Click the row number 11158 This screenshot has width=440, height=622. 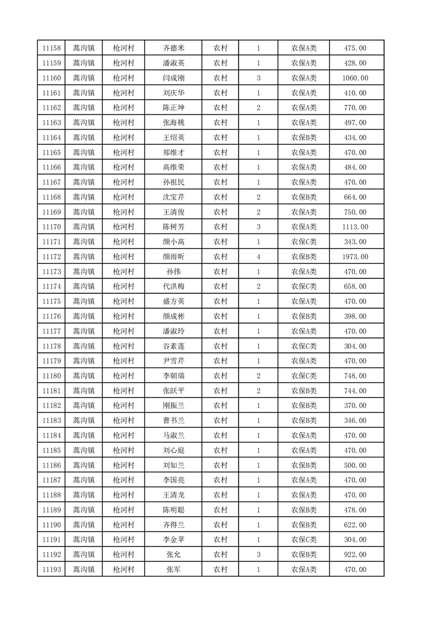click(x=51, y=48)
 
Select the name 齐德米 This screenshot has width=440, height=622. click(x=173, y=48)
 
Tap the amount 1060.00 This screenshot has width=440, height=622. click(x=355, y=78)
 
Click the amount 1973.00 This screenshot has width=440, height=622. click(x=355, y=257)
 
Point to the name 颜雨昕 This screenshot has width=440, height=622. click(x=173, y=257)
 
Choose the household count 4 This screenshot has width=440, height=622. click(x=259, y=257)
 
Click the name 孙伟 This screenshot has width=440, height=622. click(x=173, y=272)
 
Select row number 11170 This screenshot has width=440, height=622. click(x=51, y=227)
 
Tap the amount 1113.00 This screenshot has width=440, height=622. click(x=355, y=227)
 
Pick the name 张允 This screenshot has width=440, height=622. click(x=173, y=554)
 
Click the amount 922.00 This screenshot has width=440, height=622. click(x=355, y=554)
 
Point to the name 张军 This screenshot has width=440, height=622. click(x=173, y=569)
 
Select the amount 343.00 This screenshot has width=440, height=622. click(x=355, y=242)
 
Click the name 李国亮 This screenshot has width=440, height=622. click(x=173, y=480)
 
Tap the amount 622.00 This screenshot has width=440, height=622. click(x=355, y=524)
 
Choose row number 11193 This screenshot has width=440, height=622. click(x=51, y=569)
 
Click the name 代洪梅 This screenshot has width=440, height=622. click(x=173, y=287)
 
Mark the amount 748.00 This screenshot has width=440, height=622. click(x=355, y=376)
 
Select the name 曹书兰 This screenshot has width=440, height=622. click(x=173, y=420)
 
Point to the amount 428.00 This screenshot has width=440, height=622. click(x=355, y=63)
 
